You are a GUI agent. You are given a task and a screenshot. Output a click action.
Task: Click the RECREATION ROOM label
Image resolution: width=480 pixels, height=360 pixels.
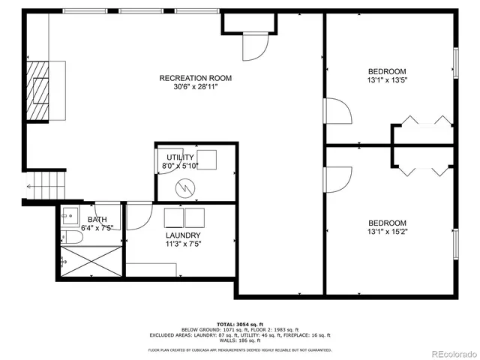coord(195,78)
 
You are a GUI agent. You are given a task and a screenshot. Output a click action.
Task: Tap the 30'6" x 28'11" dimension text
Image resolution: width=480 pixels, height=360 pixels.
coord(195,87)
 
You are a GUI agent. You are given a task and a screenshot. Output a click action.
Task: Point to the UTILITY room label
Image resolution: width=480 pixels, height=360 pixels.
coord(180,157)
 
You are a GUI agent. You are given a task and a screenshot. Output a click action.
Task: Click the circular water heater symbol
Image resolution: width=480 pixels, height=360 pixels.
coord(184,186)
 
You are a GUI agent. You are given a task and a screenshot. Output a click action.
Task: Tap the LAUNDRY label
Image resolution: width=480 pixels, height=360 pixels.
coord(183,235)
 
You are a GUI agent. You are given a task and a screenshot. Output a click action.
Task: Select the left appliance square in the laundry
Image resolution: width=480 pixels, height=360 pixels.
coord(174,217)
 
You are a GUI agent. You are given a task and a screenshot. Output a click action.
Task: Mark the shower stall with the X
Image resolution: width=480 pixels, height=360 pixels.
coord(91,263)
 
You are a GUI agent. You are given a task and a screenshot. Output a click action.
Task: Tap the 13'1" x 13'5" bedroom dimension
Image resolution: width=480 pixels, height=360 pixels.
coord(387,80)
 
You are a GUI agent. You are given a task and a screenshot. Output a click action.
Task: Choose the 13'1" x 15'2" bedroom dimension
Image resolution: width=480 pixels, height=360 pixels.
coord(387,232)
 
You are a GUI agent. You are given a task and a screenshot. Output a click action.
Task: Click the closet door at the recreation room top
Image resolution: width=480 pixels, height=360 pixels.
coord(256,49)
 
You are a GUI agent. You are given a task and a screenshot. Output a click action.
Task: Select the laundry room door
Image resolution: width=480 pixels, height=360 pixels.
coord(139,216)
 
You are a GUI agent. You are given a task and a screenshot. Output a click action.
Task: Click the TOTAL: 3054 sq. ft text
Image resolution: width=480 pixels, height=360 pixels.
coord(239,323)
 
